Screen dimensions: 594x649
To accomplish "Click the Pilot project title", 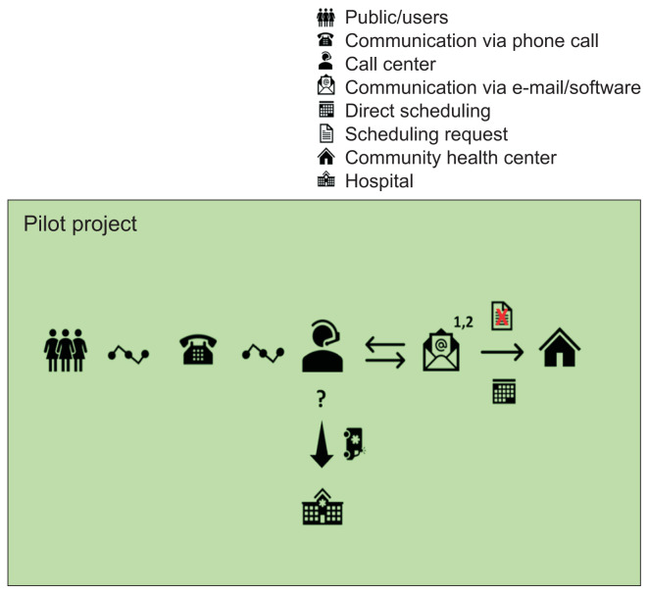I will (80, 223).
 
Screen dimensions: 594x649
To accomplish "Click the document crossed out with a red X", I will (503, 316).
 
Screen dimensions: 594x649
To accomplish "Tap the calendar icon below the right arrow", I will (503, 391).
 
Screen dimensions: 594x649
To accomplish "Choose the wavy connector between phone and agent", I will (261, 352).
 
